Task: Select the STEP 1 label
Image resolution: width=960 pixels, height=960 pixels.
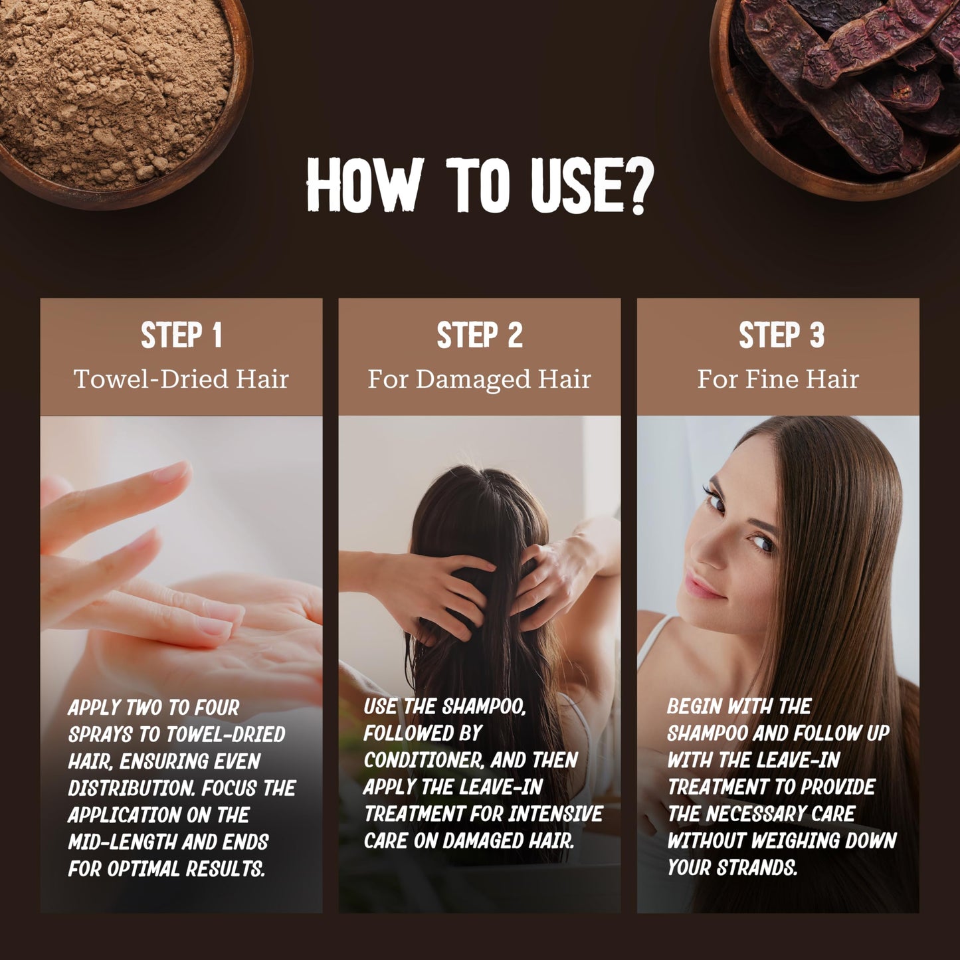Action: pyautogui.click(x=181, y=335)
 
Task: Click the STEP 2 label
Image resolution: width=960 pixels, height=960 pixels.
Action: pyautogui.click(x=480, y=335)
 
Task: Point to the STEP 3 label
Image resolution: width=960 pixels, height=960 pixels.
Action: pyautogui.click(x=781, y=335)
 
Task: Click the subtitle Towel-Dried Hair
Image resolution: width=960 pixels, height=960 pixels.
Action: pyautogui.click(x=181, y=379)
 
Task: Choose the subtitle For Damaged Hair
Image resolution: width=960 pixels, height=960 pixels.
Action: pyautogui.click(x=479, y=379)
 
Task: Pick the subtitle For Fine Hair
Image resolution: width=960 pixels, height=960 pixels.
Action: pyautogui.click(x=778, y=379)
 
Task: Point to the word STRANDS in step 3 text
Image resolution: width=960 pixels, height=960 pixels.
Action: pyautogui.click(x=757, y=868)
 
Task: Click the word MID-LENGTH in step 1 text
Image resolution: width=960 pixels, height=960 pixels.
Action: pyautogui.click(x=122, y=842)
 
